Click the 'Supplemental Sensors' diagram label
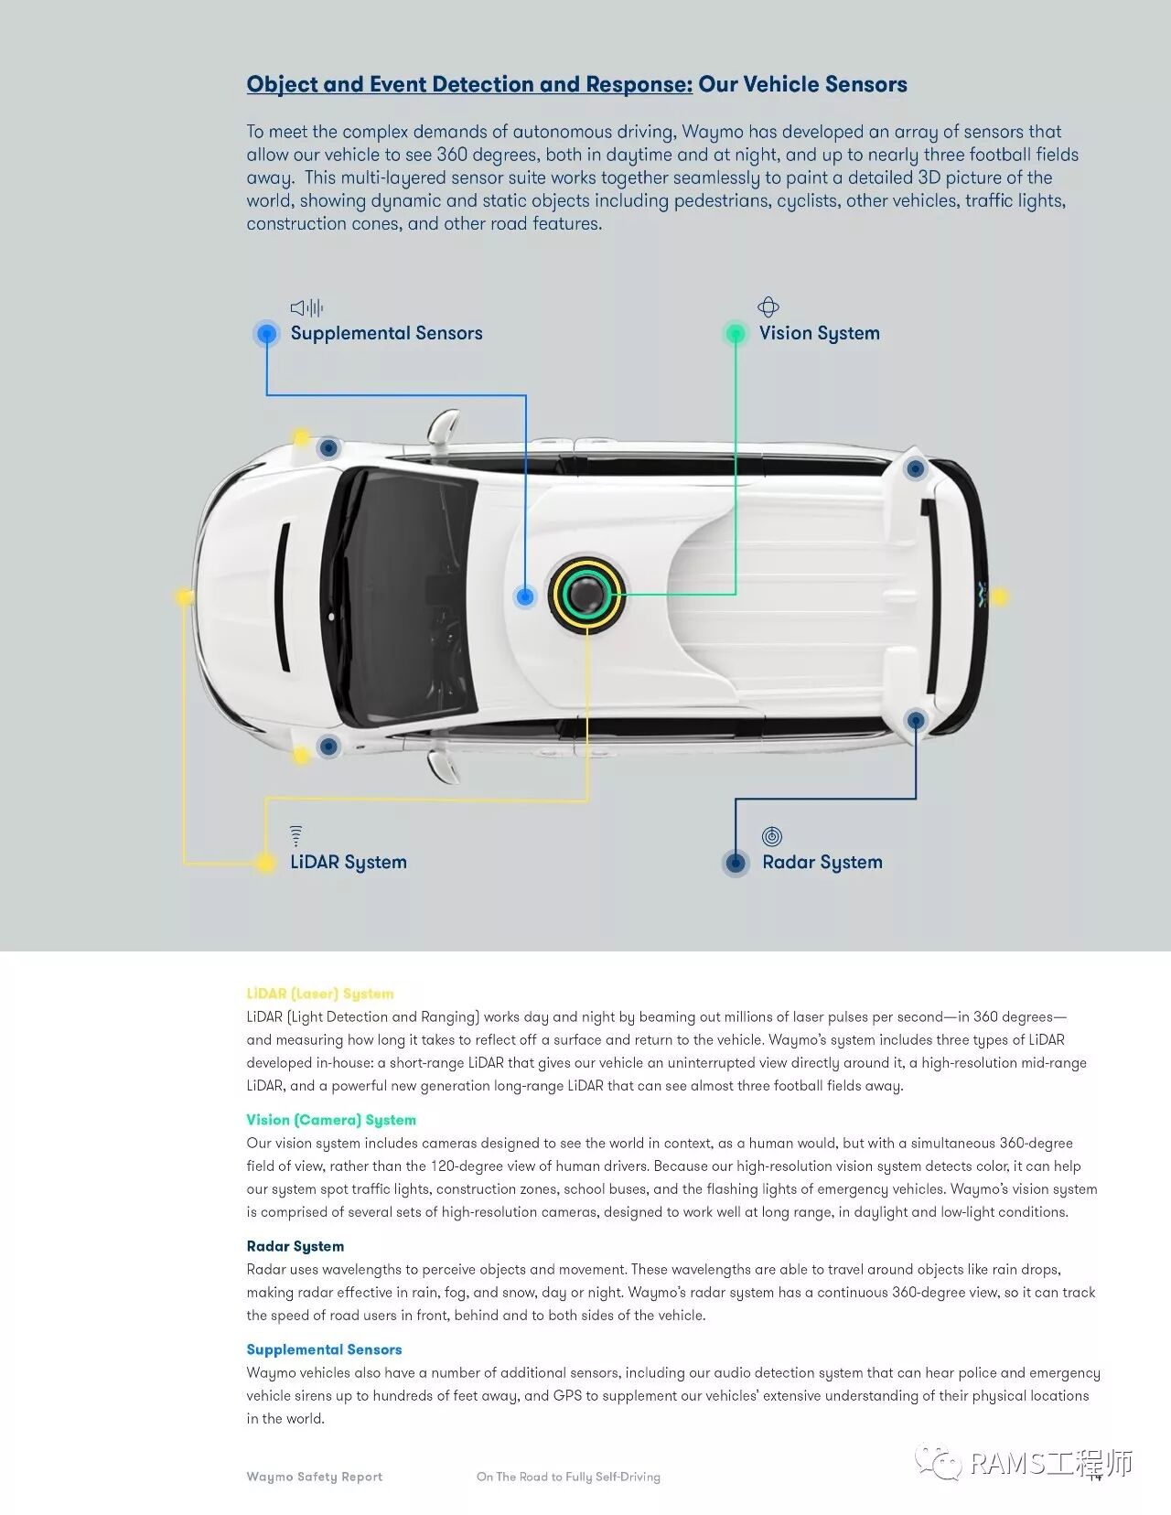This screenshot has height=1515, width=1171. point(386,333)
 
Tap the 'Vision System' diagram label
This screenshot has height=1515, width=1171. point(819,333)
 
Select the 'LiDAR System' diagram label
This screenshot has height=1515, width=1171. point(349,862)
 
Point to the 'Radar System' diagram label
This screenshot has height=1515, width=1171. point(822,862)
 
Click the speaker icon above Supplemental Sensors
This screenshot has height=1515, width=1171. point(306,307)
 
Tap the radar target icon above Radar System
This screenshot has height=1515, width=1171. point(772,836)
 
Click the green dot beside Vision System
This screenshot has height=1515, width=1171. point(736,333)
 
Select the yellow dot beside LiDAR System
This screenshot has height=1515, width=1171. point(265,862)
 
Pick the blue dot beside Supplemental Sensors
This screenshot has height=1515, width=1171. point(266,333)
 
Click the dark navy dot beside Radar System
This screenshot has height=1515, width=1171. point(736,862)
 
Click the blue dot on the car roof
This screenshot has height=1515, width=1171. point(525,596)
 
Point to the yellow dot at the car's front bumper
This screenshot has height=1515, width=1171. point(185,597)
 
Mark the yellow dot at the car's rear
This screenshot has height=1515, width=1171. point(999,597)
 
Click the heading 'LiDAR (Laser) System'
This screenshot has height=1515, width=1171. point(320,994)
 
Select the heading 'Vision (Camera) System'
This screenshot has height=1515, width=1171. point(331,1120)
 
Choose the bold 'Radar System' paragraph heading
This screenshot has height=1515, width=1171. point(295,1246)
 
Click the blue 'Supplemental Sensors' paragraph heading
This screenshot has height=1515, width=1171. point(324,1349)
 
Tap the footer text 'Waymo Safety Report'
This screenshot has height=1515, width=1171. point(315,1477)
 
